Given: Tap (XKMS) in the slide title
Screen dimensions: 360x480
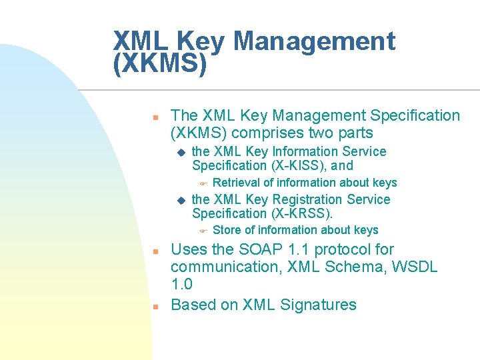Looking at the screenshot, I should [161, 64].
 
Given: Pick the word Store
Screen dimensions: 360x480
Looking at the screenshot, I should [227, 230].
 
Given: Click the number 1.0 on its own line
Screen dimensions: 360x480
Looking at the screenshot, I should [182, 285].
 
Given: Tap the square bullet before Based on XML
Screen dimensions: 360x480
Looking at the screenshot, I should [154, 307].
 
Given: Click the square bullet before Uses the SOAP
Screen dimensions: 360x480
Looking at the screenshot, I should [154, 251].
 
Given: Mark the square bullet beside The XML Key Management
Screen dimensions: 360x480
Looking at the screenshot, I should [154, 117].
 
